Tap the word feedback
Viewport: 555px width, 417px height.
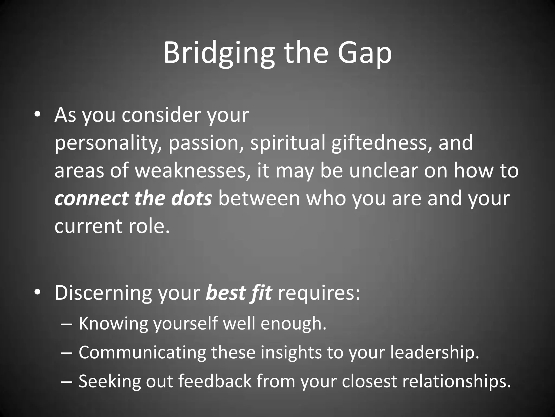pyautogui.click(x=215, y=381)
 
